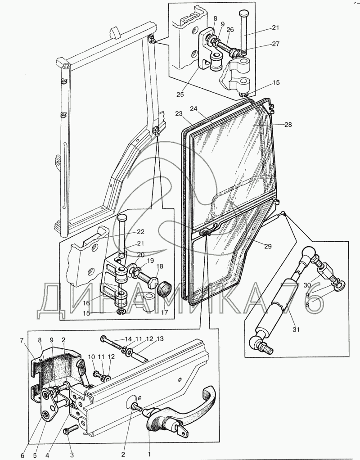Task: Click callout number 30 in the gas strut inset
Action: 307,285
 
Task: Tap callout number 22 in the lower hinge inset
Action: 141,232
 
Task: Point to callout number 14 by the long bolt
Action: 128,338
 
